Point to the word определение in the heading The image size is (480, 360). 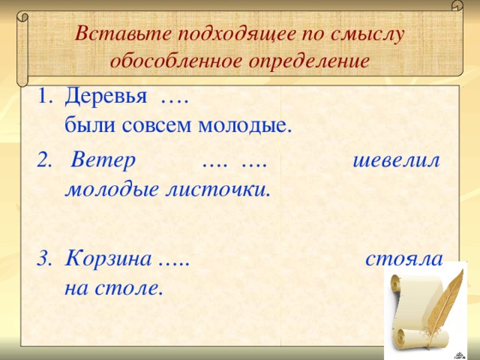pos(307,60)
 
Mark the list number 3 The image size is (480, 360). pos(43,259)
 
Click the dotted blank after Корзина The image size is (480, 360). pos(174,261)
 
